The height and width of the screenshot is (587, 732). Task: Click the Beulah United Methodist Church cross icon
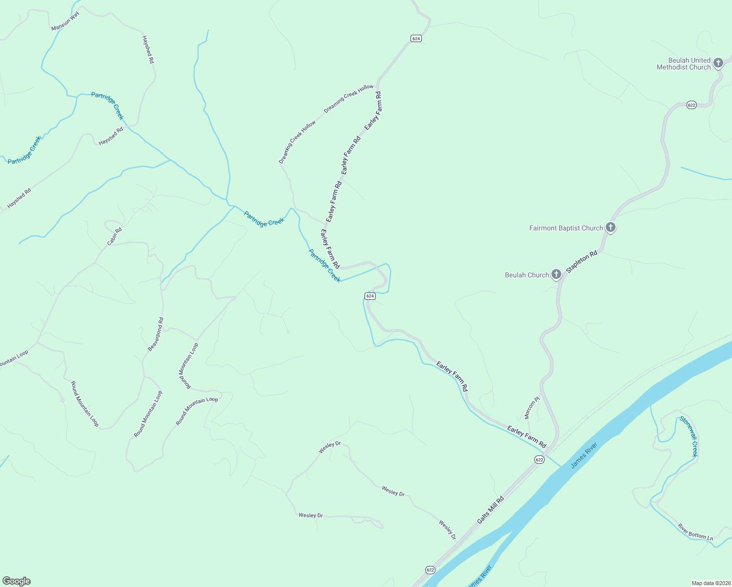[718, 63]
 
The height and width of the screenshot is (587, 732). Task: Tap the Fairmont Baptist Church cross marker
[610, 227]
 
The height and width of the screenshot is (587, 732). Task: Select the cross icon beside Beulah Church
[556, 274]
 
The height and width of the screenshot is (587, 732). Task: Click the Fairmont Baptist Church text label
[566, 228]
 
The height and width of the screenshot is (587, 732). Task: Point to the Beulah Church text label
[527, 275]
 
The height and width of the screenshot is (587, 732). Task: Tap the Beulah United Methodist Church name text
[683, 64]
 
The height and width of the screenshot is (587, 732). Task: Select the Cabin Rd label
[114, 236]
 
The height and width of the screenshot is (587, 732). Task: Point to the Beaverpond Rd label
[156, 334]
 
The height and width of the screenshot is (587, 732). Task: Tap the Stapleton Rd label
[582, 262]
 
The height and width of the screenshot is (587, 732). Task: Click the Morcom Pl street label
[531, 407]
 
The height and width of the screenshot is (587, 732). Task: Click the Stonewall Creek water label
[688, 436]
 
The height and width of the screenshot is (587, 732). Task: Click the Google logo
[17, 581]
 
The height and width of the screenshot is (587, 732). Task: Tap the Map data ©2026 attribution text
[710, 583]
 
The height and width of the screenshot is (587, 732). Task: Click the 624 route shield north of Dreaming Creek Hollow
[416, 38]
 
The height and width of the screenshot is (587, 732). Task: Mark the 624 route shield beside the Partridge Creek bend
[370, 296]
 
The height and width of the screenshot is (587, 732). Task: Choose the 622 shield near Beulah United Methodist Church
[691, 105]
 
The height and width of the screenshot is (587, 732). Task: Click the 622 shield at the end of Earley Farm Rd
[539, 459]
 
